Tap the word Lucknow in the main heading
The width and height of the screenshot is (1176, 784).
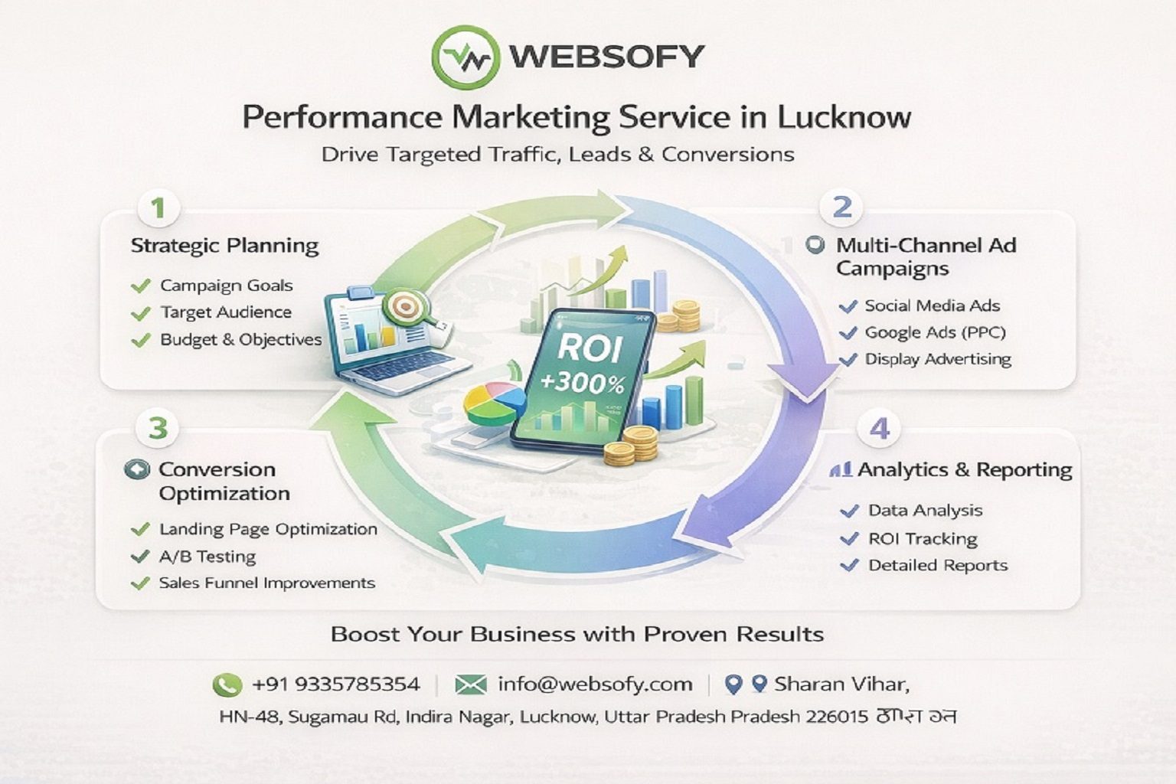(x=844, y=117)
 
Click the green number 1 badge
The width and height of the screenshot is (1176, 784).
(x=158, y=208)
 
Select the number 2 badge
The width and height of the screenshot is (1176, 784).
(x=841, y=207)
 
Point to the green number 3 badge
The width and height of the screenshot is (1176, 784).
(x=158, y=427)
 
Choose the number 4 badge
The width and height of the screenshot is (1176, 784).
(x=880, y=429)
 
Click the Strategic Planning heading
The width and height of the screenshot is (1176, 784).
(x=224, y=246)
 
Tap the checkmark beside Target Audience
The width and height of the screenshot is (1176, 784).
(x=140, y=313)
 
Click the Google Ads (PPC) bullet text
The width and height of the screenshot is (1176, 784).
(x=935, y=332)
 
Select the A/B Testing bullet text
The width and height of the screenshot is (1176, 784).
(x=207, y=557)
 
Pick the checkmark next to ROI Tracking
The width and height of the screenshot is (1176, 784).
(x=849, y=539)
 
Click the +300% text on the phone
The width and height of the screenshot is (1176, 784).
(x=582, y=381)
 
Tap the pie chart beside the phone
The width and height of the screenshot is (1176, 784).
(x=494, y=403)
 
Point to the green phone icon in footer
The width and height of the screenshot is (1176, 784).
(x=227, y=684)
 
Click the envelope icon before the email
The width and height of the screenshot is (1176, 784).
(x=470, y=684)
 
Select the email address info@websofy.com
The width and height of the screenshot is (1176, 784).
(x=595, y=684)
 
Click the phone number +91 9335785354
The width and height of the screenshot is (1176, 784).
(x=335, y=684)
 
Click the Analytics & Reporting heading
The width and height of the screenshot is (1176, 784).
(x=964, y=470)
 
